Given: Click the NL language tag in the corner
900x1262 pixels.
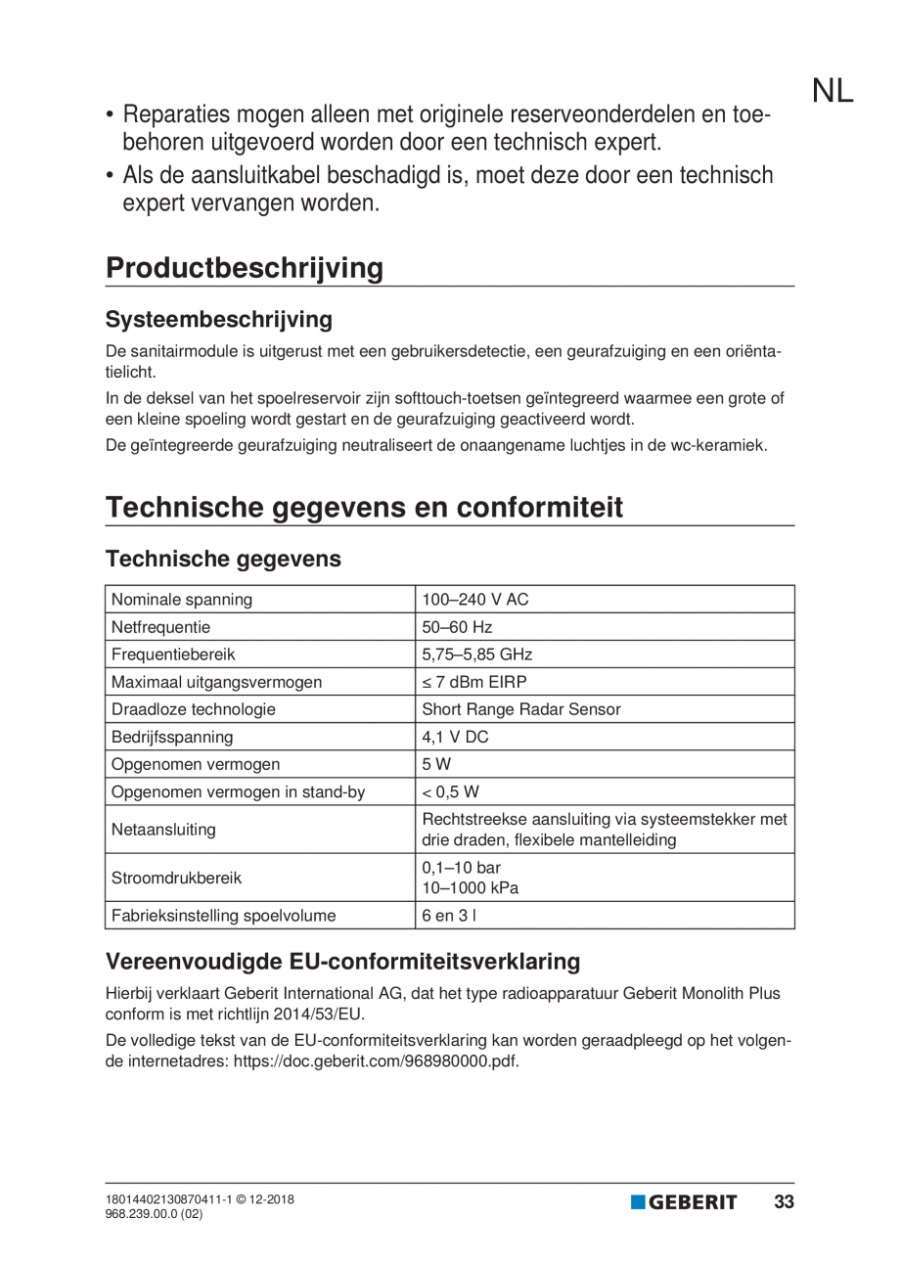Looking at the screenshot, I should coord(832,91).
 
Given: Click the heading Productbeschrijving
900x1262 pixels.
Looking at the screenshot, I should coord(245,268).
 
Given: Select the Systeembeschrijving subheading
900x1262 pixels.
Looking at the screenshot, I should coord(219,319).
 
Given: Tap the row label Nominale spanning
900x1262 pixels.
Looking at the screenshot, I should coord(183,599).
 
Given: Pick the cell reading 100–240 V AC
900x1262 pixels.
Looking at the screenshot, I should coord(475,599).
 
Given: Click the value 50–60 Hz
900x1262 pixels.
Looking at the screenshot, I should coord(457,626).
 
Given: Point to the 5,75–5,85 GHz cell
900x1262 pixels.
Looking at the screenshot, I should coord(476,654).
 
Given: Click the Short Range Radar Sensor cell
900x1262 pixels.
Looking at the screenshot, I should coord(520,709).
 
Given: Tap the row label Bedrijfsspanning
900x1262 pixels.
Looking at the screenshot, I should coord(173,737).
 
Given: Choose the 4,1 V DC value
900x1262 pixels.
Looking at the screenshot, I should coord(455,737).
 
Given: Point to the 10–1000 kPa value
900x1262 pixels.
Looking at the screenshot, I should coord(470,888).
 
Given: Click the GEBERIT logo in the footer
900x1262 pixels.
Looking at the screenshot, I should coord(684,1202).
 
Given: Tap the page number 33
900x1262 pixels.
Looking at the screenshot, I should coord(784,1202).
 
